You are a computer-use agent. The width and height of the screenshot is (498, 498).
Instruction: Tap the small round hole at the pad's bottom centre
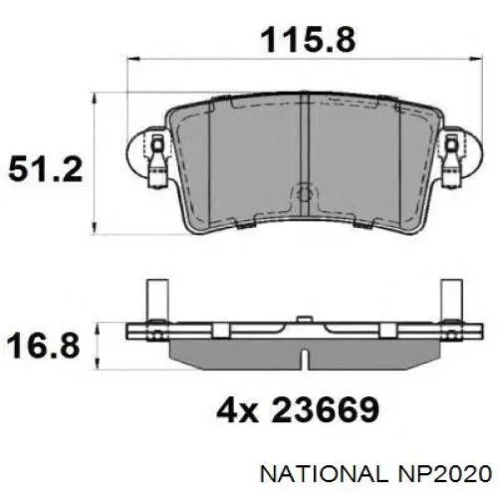pos(301,195)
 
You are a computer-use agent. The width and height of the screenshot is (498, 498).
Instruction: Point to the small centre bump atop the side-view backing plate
pos(300,321)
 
